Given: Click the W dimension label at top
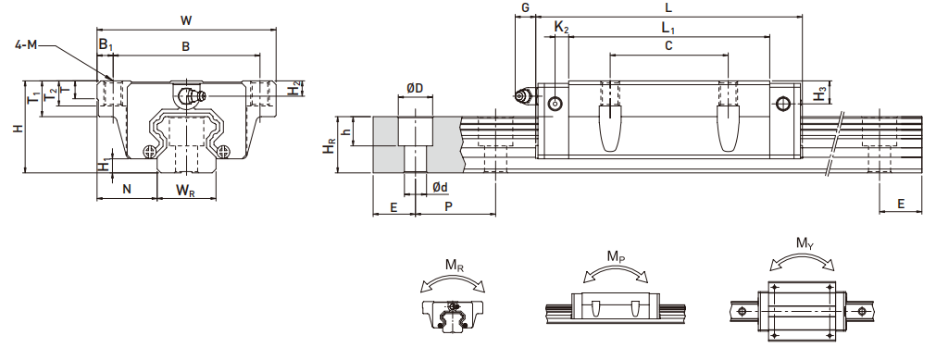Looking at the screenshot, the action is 186,21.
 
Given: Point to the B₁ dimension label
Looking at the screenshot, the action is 106,44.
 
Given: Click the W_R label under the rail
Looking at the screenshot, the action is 184,190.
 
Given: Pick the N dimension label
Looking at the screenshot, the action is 127,190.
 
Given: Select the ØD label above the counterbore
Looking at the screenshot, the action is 415,88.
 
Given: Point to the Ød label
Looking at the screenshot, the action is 440,188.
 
